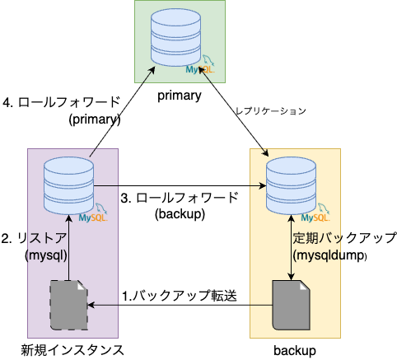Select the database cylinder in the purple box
tap(68, 184)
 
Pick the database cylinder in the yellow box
tap(291, 184)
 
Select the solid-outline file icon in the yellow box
tap(291, 305)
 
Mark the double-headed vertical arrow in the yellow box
tap(291, 247)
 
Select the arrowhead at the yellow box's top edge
tap(267, 154)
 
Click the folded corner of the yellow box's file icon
tap(304, 285)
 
